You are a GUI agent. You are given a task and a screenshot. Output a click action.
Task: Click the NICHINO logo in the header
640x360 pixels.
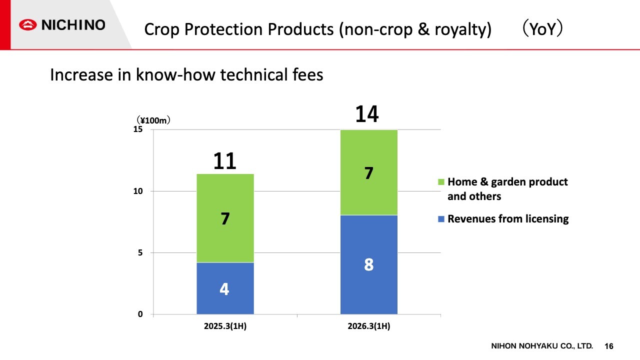(62, 25)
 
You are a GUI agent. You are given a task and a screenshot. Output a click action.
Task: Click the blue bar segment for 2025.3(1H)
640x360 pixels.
(225, 288)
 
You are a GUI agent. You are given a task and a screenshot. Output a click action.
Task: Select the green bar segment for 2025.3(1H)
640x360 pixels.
(225, 218)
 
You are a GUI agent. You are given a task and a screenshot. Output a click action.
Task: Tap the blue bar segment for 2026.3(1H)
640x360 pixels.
(368, 264)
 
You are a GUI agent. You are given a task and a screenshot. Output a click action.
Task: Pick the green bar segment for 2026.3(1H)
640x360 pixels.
(368, 172)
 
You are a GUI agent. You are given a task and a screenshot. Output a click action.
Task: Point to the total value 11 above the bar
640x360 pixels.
(225, 161)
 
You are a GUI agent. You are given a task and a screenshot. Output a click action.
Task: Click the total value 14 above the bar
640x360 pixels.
(367, 114)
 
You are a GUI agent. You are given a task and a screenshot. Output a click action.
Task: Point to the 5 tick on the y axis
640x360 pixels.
(140, 252)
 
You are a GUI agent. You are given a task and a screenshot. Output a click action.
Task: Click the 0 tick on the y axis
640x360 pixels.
(140, 314)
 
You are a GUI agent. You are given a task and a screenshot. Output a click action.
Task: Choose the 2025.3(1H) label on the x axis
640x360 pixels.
(225, 327)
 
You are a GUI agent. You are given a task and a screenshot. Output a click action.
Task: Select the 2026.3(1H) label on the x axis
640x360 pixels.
(368, 327)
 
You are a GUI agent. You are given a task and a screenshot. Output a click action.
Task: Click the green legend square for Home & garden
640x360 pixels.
(440, 182)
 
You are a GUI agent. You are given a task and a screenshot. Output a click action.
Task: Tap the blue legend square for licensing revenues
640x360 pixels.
(440, 219)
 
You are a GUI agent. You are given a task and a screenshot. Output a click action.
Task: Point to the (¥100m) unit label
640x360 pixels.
(153, 120)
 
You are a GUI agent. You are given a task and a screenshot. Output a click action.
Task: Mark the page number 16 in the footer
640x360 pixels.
(609, 346)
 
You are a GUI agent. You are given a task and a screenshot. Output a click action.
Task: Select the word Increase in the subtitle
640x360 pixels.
(81, 75)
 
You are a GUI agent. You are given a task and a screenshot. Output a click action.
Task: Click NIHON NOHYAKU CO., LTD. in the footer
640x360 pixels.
(541, 346)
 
